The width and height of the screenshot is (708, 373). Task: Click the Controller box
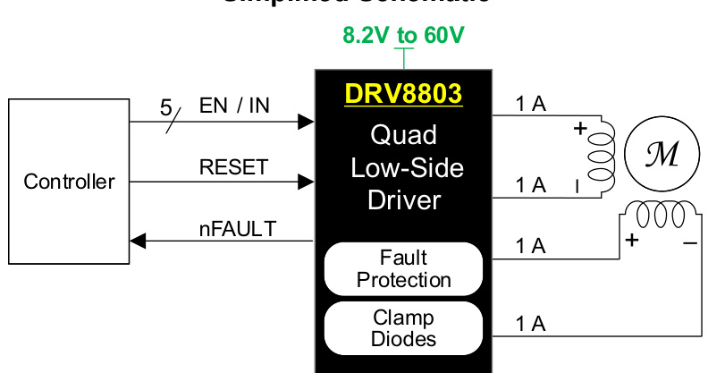69,182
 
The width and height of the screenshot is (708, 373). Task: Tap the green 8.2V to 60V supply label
404,36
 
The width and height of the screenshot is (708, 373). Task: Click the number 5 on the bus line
165,108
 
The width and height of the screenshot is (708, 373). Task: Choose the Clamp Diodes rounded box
403,328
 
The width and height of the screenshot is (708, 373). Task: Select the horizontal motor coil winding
661,215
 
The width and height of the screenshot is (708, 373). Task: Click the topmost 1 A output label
531,104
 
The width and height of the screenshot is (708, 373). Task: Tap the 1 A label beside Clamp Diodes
531,324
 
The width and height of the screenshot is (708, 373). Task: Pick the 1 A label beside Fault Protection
531,245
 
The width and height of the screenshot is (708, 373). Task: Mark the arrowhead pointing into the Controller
137,241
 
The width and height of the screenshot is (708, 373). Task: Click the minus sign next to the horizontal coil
690,242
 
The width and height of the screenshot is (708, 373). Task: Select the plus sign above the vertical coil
580,130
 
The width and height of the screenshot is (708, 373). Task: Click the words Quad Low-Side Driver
403,167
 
